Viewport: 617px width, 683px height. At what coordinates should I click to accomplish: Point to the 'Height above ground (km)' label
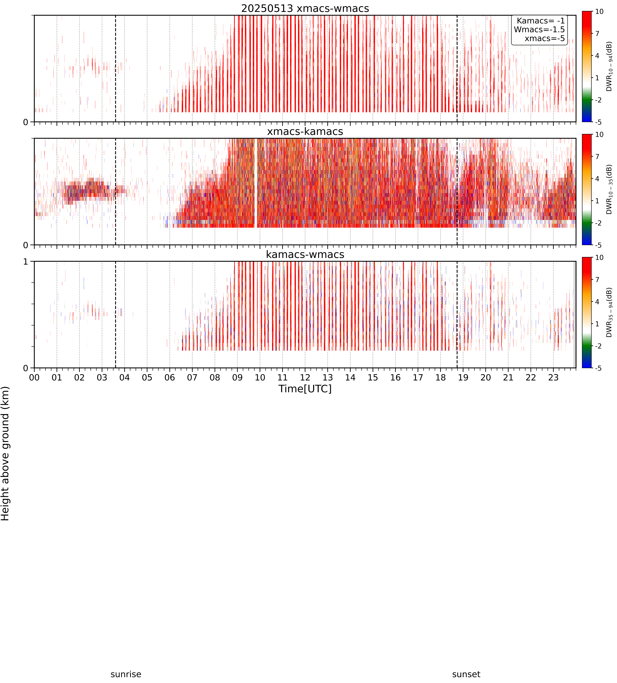(x=5, y=454)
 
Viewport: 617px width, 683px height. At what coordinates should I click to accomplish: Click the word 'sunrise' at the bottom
(x=126, y=674)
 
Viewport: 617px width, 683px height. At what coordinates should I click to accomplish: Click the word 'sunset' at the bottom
(x=466, y=674)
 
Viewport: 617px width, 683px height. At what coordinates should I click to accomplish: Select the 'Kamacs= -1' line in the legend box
(x=541, y=21)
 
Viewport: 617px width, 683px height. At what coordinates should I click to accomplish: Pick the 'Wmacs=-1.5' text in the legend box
(x=539, y=29)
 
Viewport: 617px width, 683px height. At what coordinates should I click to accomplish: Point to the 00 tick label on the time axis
(x=34, y=377)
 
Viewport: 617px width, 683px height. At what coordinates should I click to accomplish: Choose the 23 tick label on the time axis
(x=553, y=377)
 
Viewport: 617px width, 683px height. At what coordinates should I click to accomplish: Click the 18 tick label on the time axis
(x=440, y=377)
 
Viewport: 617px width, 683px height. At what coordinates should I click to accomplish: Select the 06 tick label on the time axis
(x=169, y=377)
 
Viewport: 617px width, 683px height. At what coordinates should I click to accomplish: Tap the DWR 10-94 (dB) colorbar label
(x=609, y=66)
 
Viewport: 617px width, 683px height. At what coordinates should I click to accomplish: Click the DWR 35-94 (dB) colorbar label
(x=609, y=312)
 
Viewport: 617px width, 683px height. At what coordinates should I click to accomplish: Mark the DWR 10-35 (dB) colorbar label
(x=609, y=189)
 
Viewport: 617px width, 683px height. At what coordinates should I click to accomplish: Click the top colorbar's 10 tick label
(x=599, y=11)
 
